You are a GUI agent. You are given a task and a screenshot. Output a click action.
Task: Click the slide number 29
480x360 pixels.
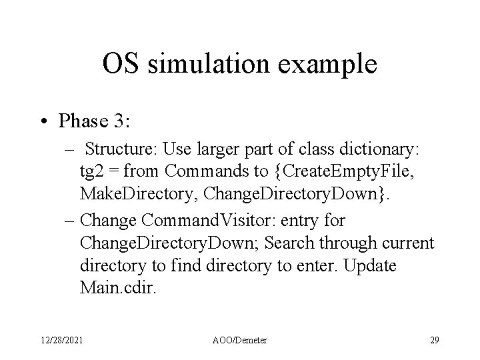pyautogui.click(x=434, y=341)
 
